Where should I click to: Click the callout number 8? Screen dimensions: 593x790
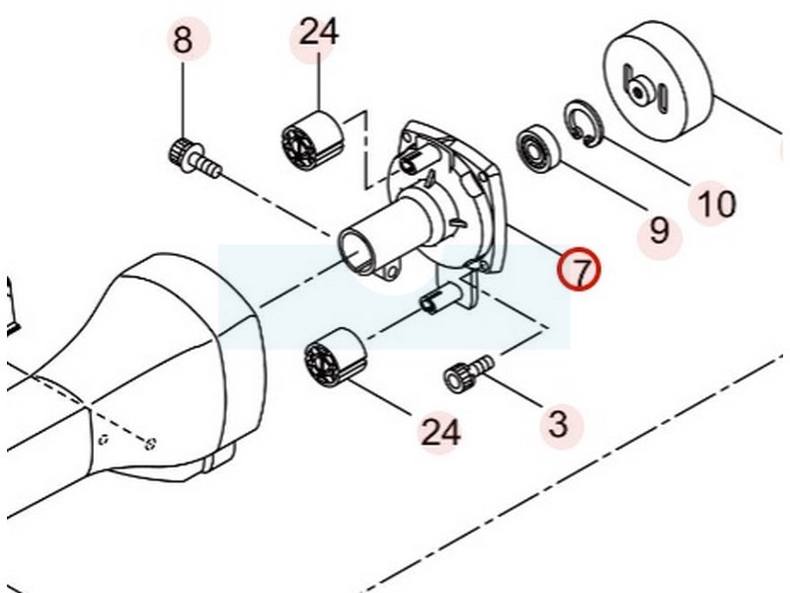pos(183,42)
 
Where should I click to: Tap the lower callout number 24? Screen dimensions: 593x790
pos(440,431)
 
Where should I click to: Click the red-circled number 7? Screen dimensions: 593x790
pos(580,269)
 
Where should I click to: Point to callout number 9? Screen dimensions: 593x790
pos(659,230)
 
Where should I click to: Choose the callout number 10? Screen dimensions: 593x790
pos(716,204)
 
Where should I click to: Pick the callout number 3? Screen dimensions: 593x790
pos(558,424)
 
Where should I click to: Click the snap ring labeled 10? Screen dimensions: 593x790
pos(582,123)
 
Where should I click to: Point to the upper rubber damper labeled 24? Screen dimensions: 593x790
pos(312,136)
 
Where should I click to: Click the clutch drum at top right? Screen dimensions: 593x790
pos(657,79)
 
